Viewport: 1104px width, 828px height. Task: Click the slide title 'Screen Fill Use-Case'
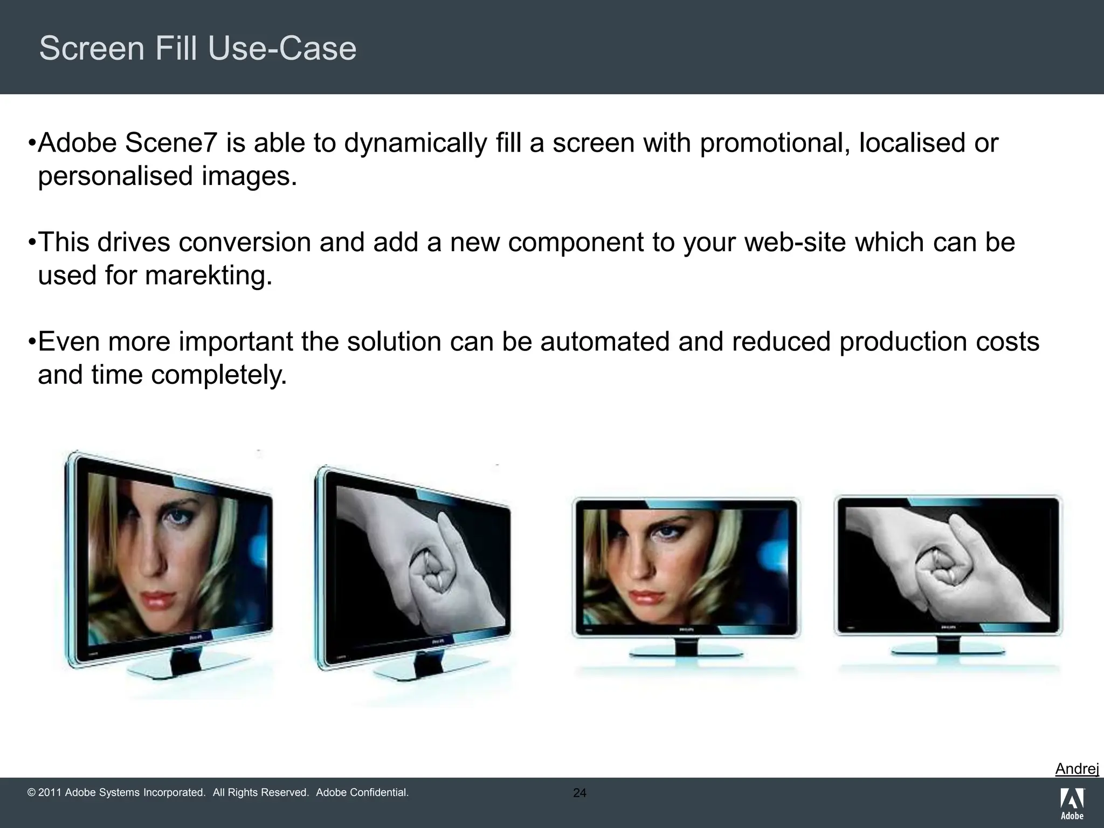[x=198, y=49]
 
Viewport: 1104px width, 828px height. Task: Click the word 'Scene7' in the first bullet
[x=171, y=143]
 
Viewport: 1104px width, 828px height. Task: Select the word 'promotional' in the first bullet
[x=773, y=143]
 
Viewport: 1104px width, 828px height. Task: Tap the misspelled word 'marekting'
[x=208, y=276]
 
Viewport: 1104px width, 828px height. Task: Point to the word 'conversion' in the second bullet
[x=245, y=243]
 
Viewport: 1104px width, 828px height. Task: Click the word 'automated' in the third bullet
[x=605, y=342]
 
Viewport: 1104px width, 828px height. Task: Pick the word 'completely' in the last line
[x=218, y=375]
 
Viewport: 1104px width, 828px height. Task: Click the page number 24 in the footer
[x=579, y=793]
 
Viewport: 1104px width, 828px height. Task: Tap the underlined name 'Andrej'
[x=1077, y=769]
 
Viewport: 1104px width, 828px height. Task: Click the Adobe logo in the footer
[x=1072, y=803]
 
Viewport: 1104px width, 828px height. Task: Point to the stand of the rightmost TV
[x=947, y=650]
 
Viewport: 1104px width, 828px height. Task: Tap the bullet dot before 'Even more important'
[x=32, y=342]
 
